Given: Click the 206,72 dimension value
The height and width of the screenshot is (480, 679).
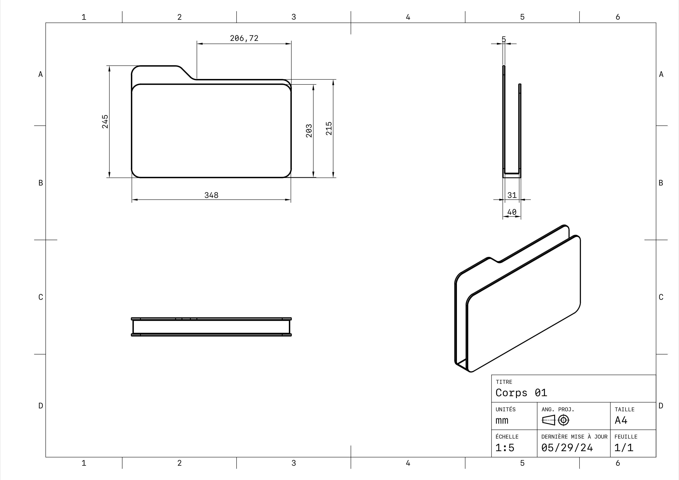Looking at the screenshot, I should coord(244,38).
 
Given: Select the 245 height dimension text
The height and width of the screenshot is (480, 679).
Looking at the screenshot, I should coord(105,122).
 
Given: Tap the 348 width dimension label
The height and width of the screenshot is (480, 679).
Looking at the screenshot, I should coord(211,195).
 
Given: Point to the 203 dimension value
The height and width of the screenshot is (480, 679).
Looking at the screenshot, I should coord(309,131).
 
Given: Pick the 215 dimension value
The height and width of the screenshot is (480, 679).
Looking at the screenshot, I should coord(329,128).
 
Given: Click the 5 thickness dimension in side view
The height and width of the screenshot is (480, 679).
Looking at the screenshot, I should coord(504,39).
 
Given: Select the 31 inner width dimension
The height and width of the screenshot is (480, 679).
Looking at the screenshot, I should coord(512,195).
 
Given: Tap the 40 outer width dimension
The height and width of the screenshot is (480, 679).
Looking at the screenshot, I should coord(512,212).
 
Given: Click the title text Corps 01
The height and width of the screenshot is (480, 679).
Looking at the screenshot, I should coord(521,393).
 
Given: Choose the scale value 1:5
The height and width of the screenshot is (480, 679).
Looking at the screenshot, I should coord(505,447).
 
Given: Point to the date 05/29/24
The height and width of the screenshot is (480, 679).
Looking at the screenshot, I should coord(567,447).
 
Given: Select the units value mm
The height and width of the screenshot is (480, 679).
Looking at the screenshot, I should coord(502,420).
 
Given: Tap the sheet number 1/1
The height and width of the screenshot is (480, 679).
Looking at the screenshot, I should coord(624,447).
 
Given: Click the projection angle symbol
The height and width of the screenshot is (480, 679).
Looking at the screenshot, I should coord(555,420).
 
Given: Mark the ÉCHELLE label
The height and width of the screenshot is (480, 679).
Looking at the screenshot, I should coord(507,436).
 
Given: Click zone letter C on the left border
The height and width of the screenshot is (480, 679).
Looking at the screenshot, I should coord(40,297).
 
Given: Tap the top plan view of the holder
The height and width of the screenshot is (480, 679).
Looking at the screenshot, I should coord(211,327).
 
